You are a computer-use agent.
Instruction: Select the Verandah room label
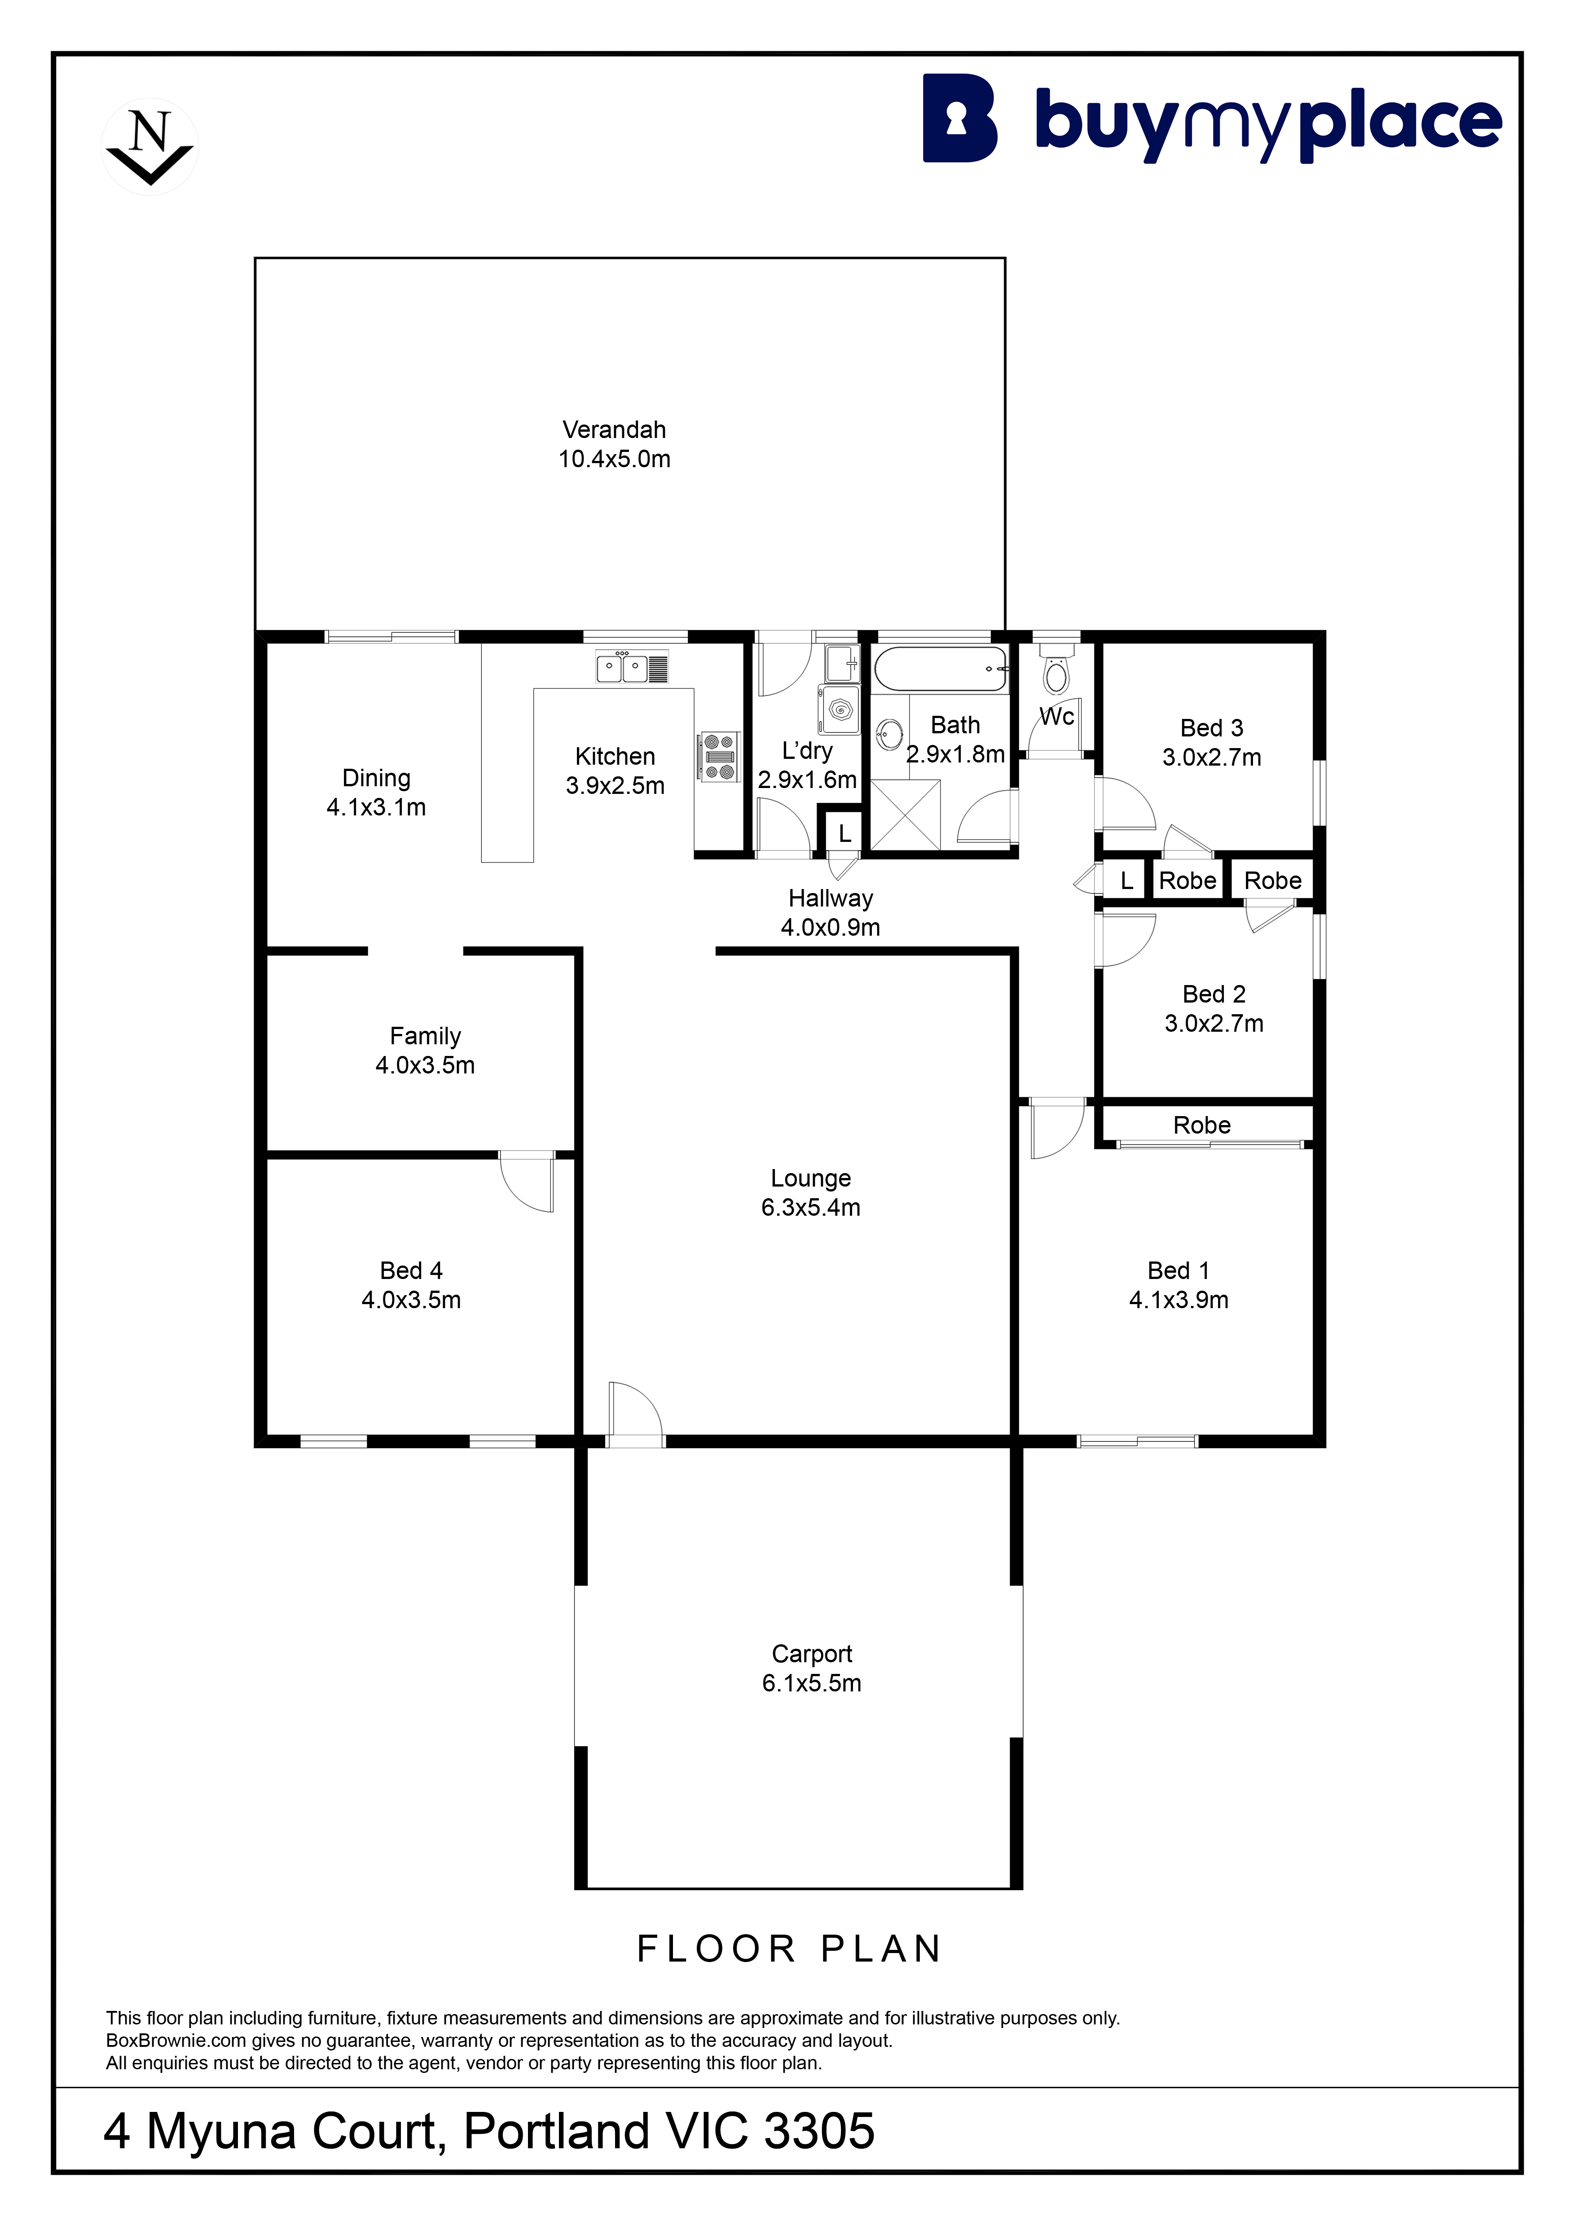coord(615,429)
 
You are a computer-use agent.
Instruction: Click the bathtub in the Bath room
coord(940,669)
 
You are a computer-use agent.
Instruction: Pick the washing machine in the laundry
coord(838,710)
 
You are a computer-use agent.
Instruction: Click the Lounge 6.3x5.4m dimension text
coord(810,1208)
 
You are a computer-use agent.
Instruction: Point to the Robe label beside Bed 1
coord(1202,1125)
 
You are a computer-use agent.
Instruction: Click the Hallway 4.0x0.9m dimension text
coord(831,928)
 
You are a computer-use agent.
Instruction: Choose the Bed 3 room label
coord(1212,728)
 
